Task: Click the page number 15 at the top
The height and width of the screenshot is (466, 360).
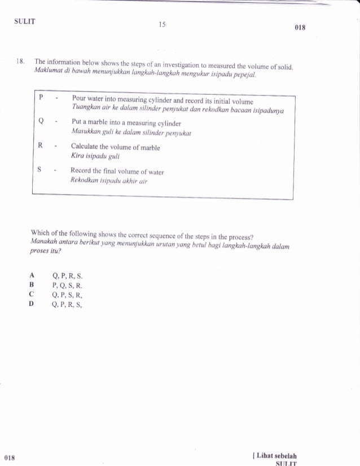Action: (x=162, y=25)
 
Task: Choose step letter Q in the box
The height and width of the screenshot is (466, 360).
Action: (x=41, y=120)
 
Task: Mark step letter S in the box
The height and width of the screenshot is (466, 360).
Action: (x=41, y=169)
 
